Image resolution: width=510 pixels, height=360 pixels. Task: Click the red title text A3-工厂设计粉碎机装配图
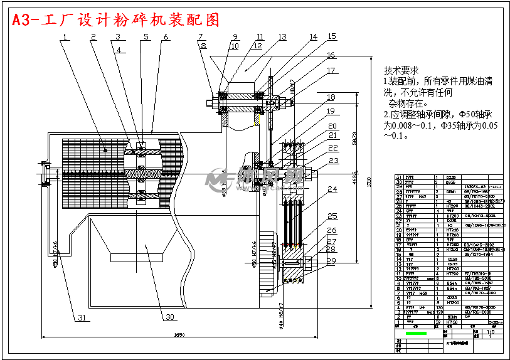pos(117,20)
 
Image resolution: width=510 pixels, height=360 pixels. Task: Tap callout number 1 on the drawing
pos(65,37)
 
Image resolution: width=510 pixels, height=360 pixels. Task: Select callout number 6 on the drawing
pos(166,37)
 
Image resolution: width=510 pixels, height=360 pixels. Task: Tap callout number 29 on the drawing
pos(332,260)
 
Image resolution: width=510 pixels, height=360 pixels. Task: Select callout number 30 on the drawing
pos(169,317)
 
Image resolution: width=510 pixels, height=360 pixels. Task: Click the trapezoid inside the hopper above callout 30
pos(135,257)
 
